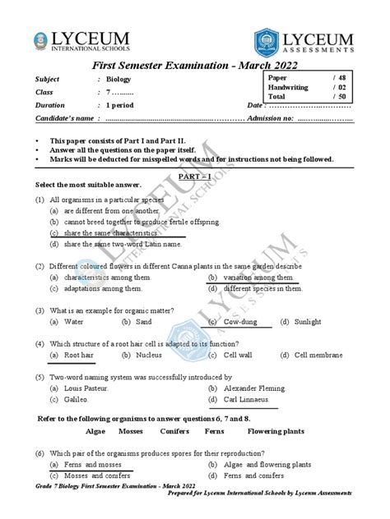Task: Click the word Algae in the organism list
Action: coord(97,430)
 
